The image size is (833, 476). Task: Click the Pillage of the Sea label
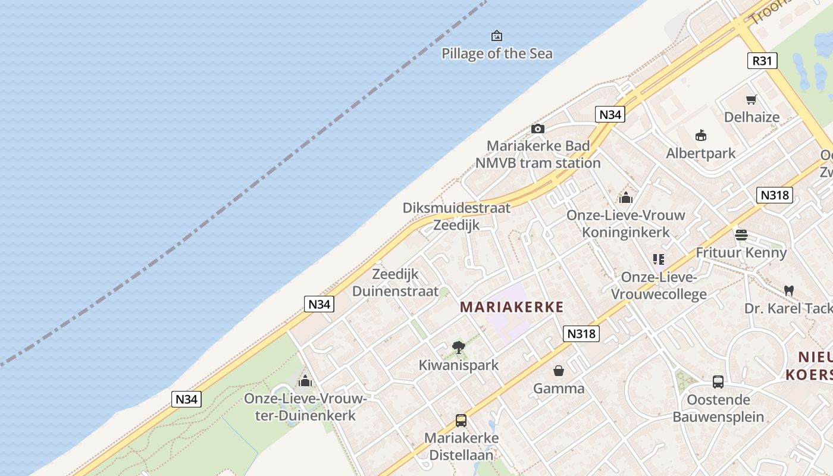click(x=497, y=54)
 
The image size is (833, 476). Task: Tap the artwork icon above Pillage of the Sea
click(x=497, y=36)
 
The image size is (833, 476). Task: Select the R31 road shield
click(x=762, y=61)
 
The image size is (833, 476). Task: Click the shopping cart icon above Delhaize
click(x=751, y=100)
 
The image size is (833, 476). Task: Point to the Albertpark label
click(x=701, y=154)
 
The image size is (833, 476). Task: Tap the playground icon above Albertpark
click(x=701, y=136)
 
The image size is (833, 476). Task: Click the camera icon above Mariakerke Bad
click(x=537, y=129)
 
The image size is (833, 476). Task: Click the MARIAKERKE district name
click(x=512, y=307)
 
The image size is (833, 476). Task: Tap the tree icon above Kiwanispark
click(x=458, y=347)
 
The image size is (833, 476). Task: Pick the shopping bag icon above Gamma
click(x=559, y=371)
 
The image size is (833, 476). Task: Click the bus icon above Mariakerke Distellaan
click(x=461, y=421)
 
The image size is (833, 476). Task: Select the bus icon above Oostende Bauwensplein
click(x=718, y=382)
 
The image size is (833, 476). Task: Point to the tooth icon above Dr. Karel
click(x=789, y=291)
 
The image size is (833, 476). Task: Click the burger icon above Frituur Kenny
click(x=741, y=235)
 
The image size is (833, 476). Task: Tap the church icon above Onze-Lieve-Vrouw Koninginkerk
click(x=626, y=198)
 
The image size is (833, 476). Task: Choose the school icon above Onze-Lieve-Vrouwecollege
click(x=658, y=259)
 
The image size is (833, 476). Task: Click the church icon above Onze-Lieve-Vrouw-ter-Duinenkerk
click(x=305, y=381)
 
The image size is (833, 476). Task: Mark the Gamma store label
click(x=559, y=389)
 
